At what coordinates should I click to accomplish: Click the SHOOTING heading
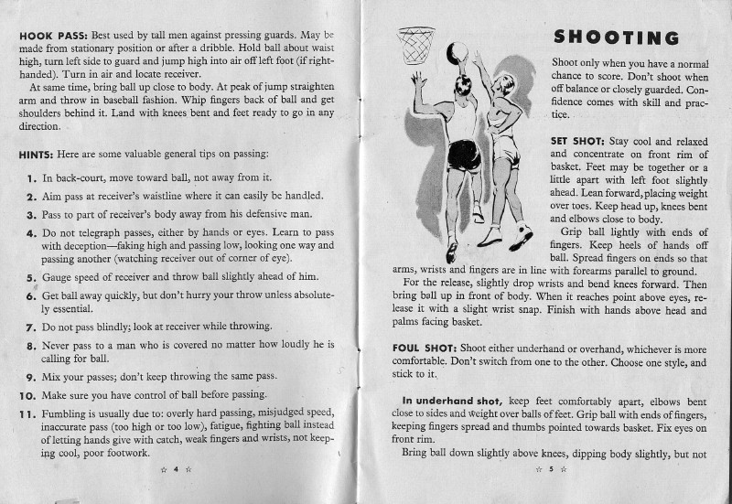(617, 38)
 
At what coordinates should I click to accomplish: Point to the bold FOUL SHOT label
(418, 349)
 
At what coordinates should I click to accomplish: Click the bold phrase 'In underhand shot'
(451, 401)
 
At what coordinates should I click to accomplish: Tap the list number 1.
(30, 178)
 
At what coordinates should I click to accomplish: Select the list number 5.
(30, 276)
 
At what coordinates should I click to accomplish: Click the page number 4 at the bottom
(176, 468)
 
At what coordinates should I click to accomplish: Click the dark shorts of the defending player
(464, 154)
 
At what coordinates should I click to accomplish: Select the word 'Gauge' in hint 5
(59, 276)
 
